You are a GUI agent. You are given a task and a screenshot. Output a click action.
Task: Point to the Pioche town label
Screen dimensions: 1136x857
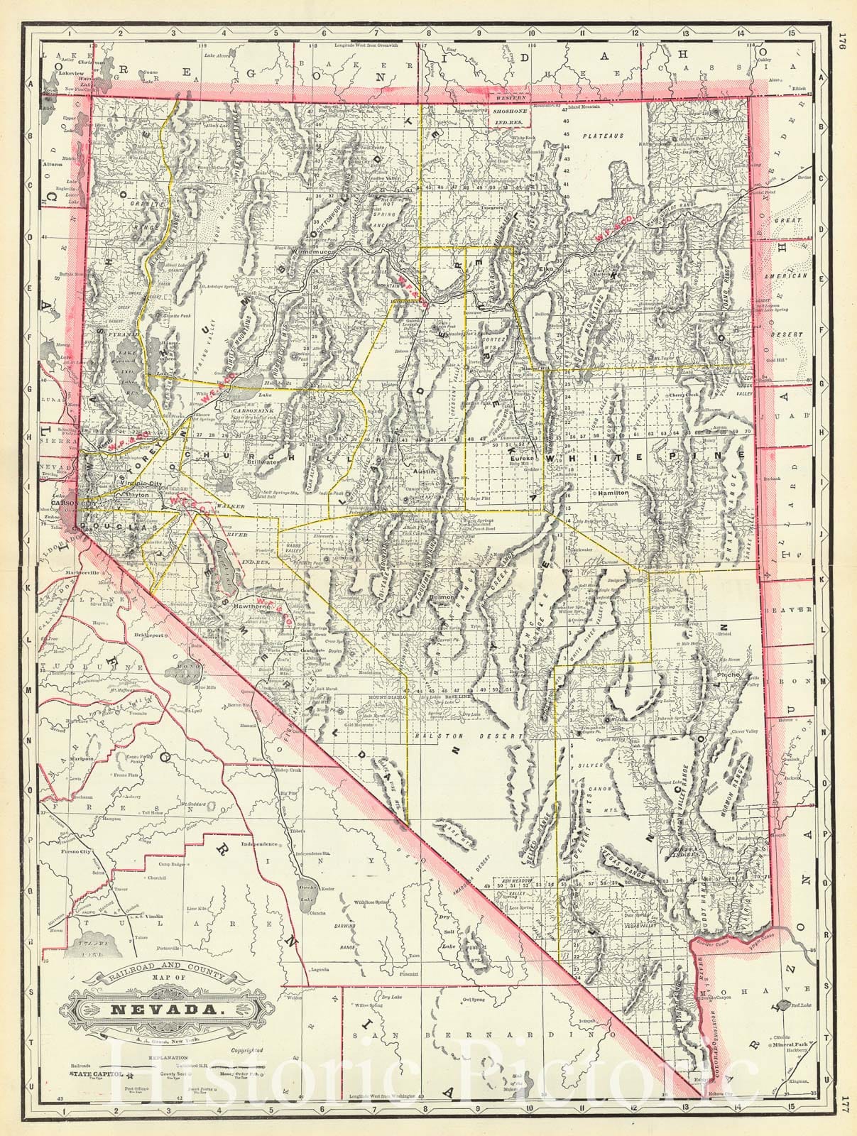point(730,671)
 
